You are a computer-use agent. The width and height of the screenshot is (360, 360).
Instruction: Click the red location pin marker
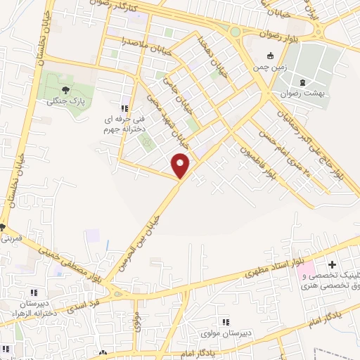pyautogui.click(x=181, y=165)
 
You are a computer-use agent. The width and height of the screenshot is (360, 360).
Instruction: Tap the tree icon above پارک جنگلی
pyautogui.click(x=65, y=89)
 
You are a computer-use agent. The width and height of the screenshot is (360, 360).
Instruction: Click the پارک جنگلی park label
pyautogui.click(x=60, y=101)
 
